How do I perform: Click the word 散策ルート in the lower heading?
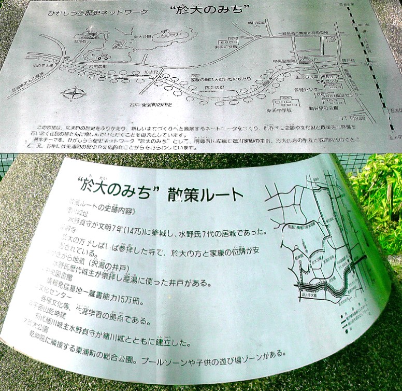pos(206,194)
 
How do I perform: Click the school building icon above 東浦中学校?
pos(288,100)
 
